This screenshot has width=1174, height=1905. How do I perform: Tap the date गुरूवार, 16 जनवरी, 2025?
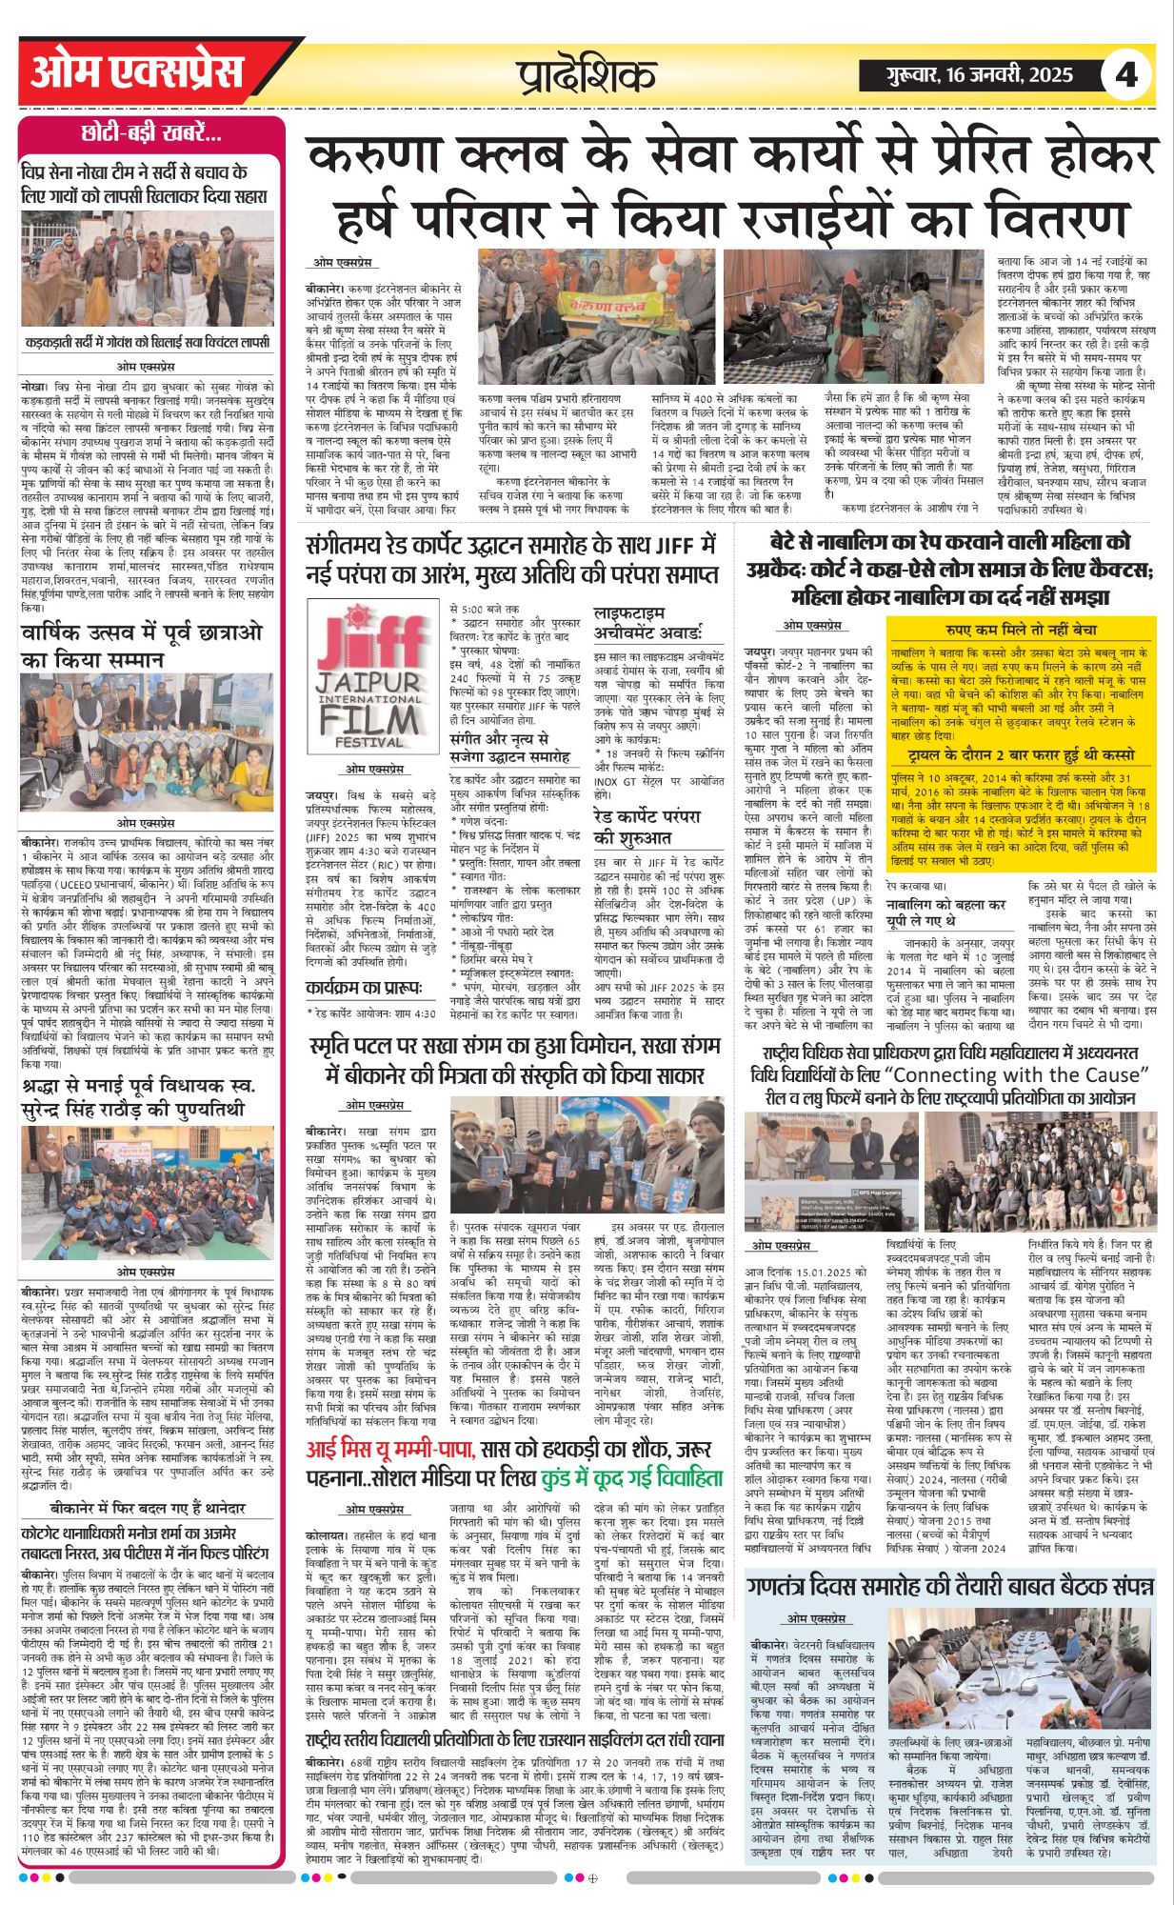[x=966, y=75]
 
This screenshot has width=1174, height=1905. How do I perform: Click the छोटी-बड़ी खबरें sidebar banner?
[x=151, y=134]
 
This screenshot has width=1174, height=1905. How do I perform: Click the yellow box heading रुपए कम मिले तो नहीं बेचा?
[x=1021, y=630]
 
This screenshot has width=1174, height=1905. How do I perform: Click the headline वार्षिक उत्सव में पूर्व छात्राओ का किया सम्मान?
[x=143, y=646]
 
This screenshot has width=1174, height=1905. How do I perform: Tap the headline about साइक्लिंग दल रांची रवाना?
[x=515, y=1738]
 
